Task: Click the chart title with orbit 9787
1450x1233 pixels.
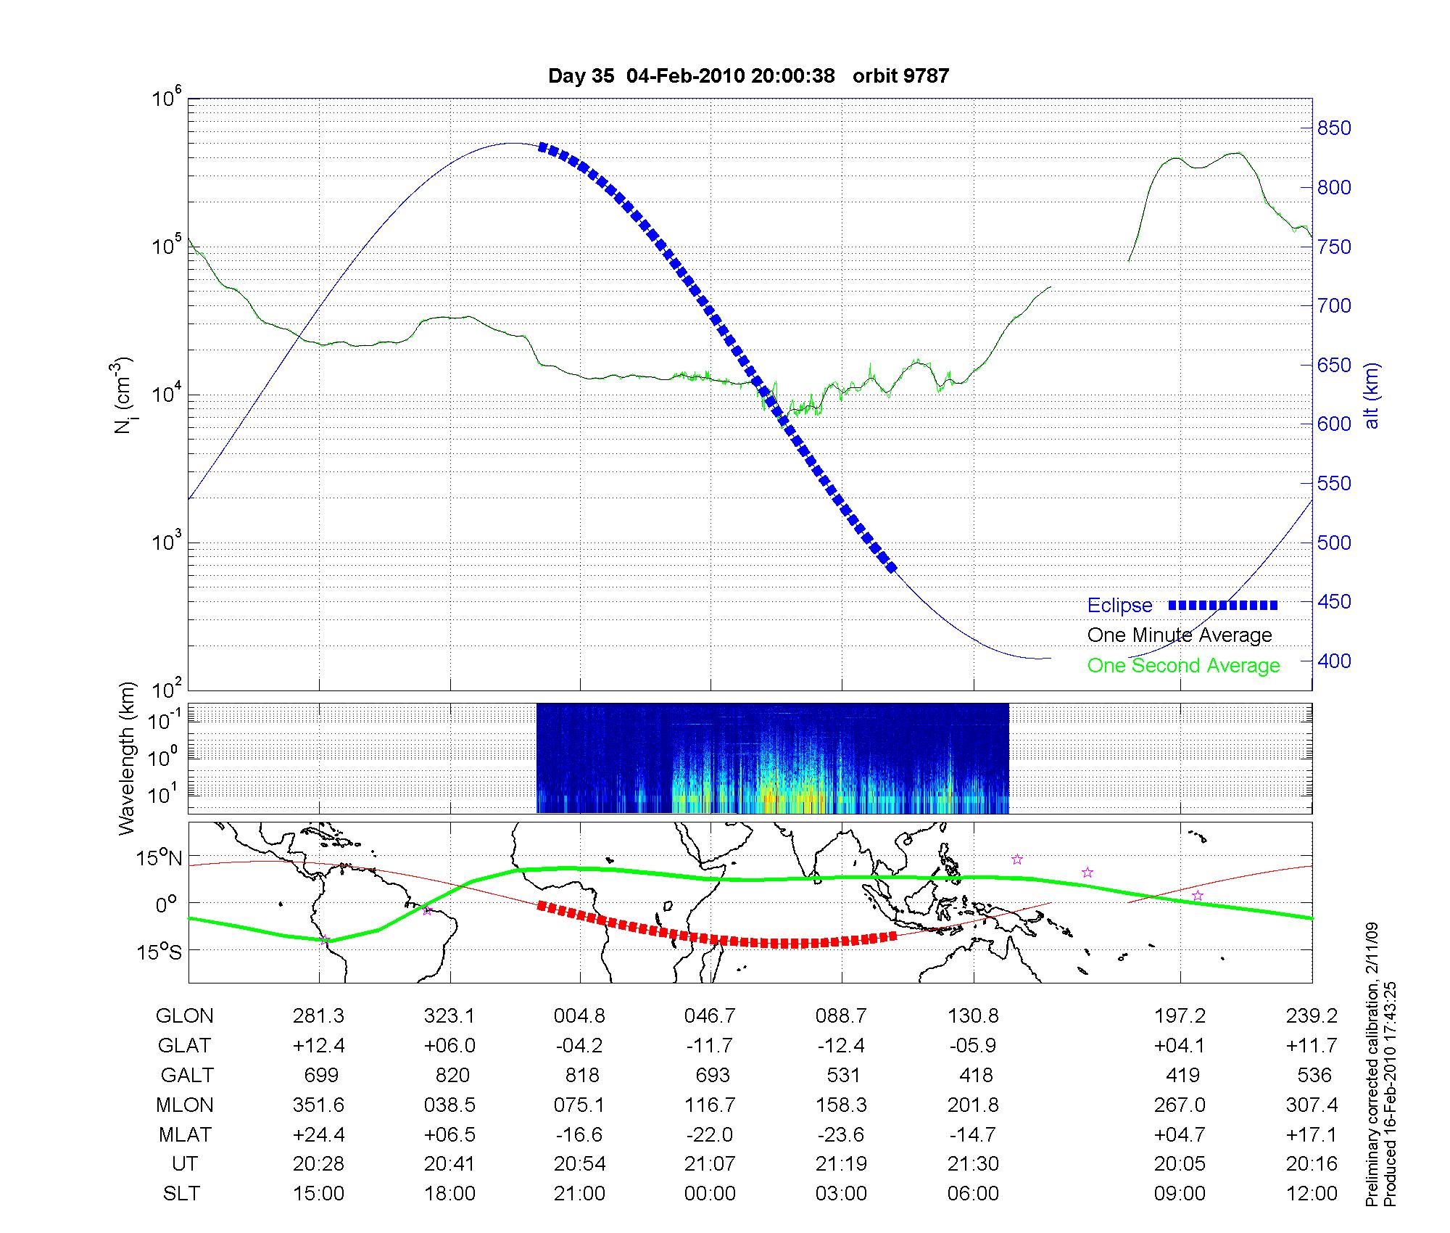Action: (748, 76)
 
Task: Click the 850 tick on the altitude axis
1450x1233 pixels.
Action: (1334, 128)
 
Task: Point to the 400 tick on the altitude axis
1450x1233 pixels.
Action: (1334, 661)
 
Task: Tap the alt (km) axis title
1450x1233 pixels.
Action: (1372, 395)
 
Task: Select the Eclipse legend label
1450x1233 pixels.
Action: (1119, 606)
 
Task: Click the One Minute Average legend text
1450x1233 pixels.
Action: (1180, 635)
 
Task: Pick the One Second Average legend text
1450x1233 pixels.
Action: (1183, 666)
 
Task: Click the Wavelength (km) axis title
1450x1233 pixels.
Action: (128, 758)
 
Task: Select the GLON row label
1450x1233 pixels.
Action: (184, 1016)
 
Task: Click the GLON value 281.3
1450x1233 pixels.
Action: (319, 1016)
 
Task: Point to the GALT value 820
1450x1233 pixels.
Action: (452, 1075)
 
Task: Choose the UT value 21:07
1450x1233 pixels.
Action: (710, 1164)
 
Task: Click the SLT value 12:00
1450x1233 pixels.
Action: (1312, 1194)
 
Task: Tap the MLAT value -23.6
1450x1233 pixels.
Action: (841, 1134)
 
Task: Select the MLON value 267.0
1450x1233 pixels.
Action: (1180, 1105)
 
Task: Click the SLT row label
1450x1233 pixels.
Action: (181, 1194)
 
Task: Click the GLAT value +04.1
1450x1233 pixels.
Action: (1180, 1045)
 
